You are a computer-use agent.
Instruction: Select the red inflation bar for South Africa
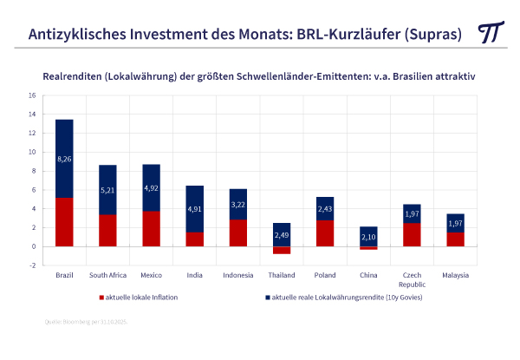(107, 231)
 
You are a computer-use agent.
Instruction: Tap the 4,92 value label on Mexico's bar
(151, 187)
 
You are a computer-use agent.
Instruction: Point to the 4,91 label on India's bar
(194, 208)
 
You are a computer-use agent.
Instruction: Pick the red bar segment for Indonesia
(237, 232)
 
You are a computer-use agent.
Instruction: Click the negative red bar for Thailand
(281, 250)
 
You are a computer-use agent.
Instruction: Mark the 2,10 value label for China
(367, 237)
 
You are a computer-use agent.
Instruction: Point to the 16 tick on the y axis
(32, 95)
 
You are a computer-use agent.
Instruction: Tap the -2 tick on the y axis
(32, 265)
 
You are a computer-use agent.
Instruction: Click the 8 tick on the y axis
(33, 171)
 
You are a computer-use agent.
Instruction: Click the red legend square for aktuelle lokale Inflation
(100, 297)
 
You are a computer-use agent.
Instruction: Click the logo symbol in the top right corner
(492, 32)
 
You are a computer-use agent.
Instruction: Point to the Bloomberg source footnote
(88, 323)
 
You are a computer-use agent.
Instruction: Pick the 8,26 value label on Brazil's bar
(64, 160)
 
